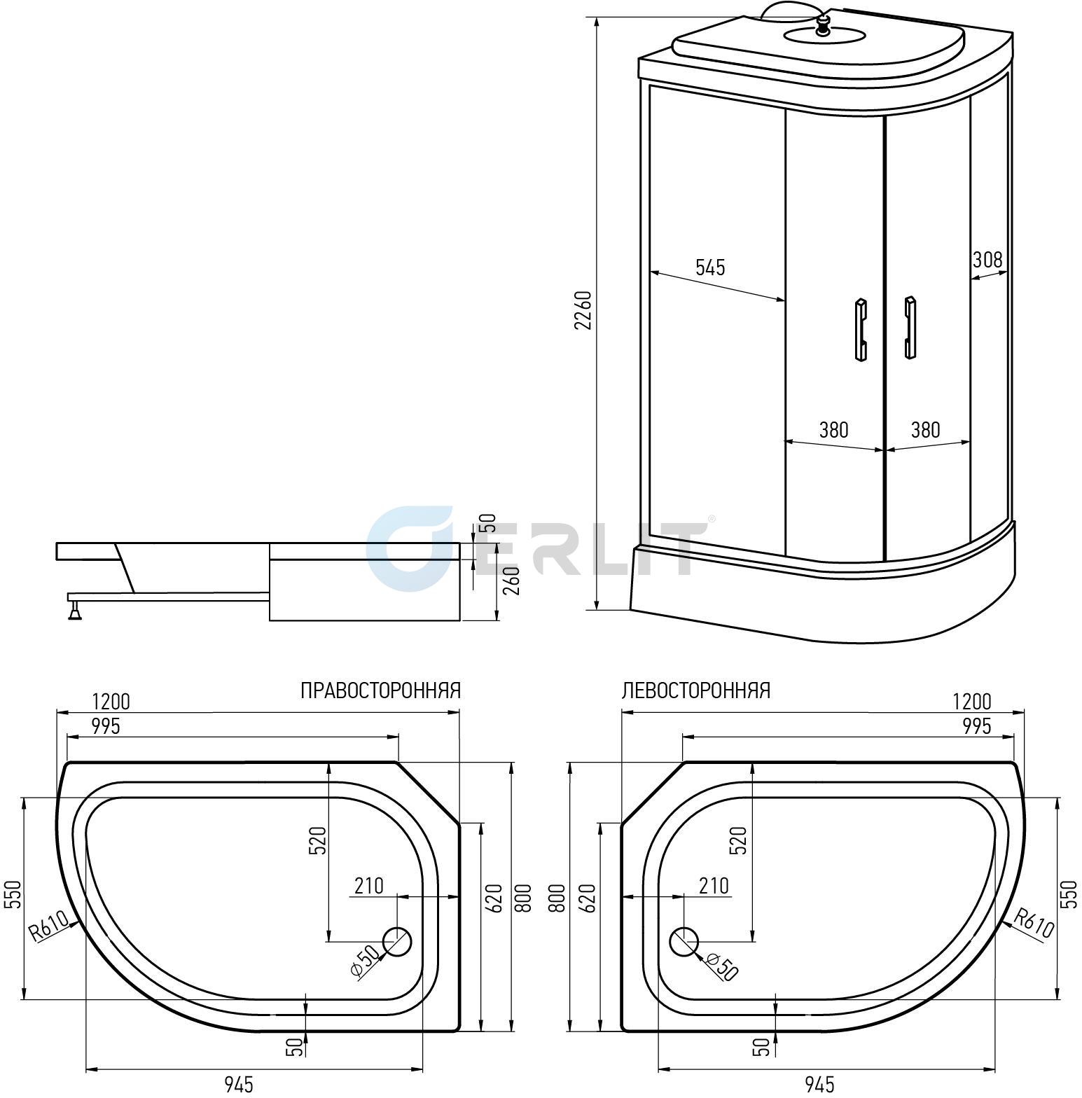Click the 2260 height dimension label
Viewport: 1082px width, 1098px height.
pos(583,310)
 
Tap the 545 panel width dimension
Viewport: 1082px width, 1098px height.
pos(710,267)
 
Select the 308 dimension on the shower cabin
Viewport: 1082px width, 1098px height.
pos(987,260)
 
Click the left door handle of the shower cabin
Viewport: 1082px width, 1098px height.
pos(861,329)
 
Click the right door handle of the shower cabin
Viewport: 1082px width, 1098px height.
pos(910,328)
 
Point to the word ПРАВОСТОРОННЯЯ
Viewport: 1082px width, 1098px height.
pos(381,690)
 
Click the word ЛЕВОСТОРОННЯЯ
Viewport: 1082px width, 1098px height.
pos(696,690)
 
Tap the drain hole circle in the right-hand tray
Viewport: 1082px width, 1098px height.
pos(397,941)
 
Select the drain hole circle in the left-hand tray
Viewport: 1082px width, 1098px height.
pos(684,941)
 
